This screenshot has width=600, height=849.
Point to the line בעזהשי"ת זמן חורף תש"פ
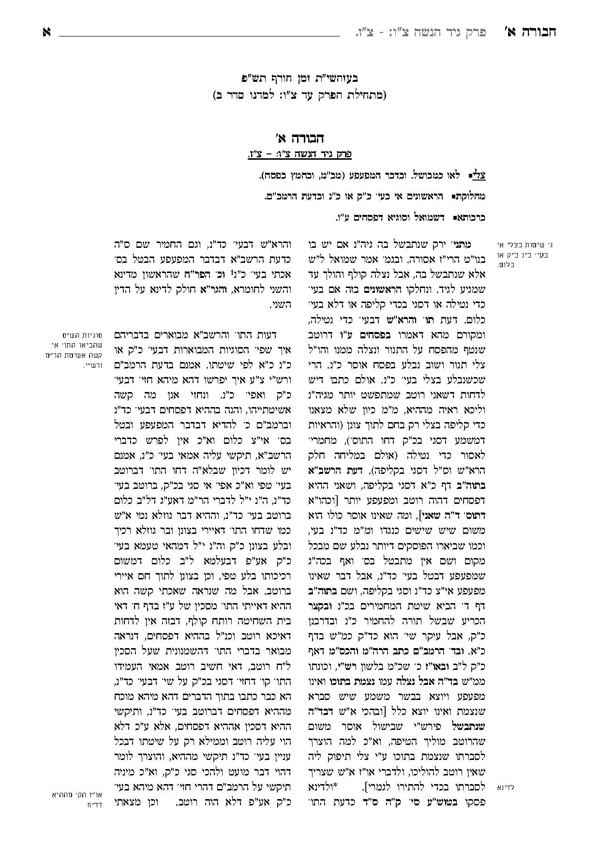point(300,77)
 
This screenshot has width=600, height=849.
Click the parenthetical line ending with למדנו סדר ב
point(300,95)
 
